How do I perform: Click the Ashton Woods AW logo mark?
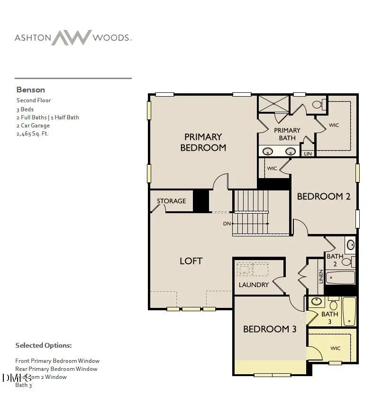coord(71,38)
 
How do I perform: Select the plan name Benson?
coord(31,90)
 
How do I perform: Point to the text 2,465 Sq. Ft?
coord(33,134)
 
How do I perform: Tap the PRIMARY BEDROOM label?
coord(203,142)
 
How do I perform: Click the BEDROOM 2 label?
coord(323,196)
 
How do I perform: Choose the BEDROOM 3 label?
coord(270,329)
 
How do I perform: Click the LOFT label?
coord(191,261)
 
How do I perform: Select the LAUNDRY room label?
coord(254,285)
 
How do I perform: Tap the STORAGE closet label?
coord(171,201)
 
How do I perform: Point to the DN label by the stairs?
coord(227,223)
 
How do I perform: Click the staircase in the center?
coord(251,212)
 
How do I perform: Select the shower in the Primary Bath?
coord(273,104)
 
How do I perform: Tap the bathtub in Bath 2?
coord(340,277)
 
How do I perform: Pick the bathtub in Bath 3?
coord(349,311)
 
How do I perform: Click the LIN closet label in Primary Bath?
coord(308,153)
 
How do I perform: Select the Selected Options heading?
coord(44,345)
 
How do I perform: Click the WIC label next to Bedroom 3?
coord(335,348)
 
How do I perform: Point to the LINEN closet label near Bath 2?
coord(321,277)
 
